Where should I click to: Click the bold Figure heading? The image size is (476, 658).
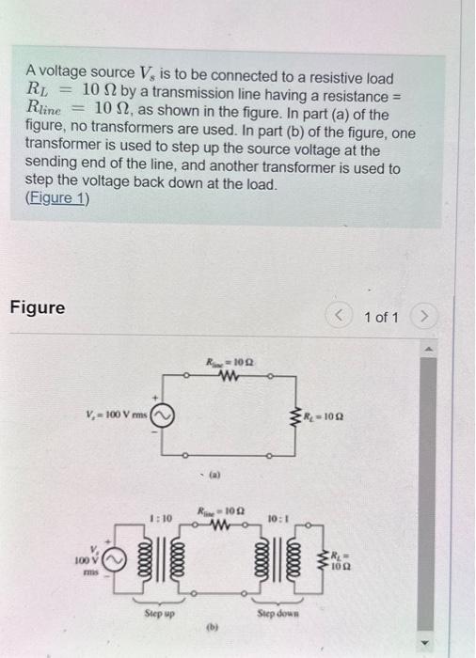tap(38, 307)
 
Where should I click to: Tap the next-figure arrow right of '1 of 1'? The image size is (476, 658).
tap(429, 318)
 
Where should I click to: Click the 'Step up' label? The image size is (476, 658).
tap(160, 611)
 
